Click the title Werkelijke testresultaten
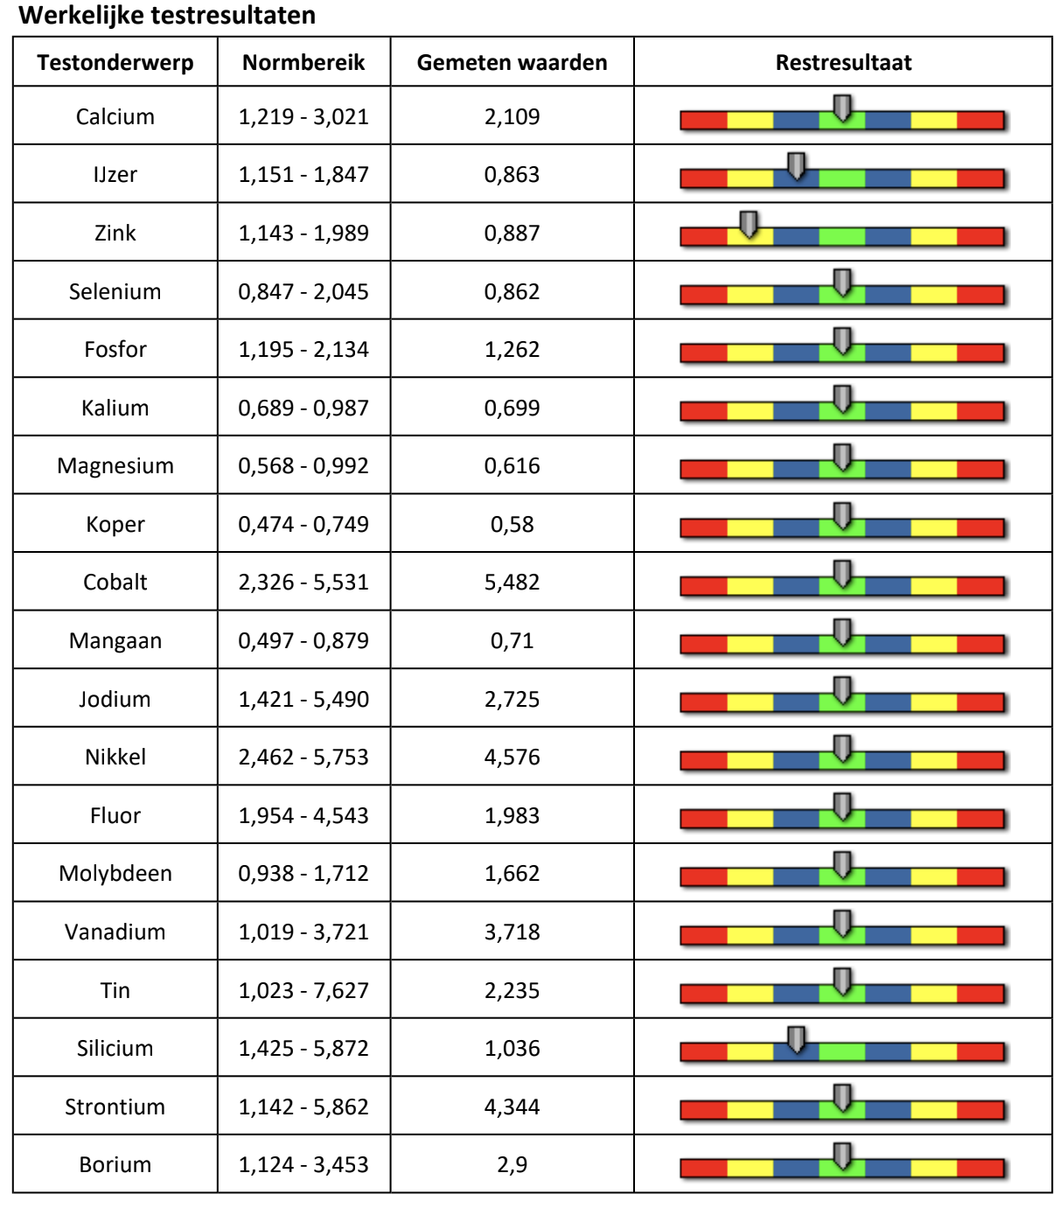pyautogui.click(x=167, y=16)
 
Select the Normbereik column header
pyautogui.click(x=303, y=63)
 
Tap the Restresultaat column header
pyautogui.click(x=843, y=63)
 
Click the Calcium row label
pyautogui.click(x=115, y=116)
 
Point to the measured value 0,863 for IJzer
pyautogui.click(x=512, y=175)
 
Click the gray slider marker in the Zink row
pyautogui.click(x=749, y=224)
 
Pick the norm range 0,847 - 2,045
pyautogui.click(x=303, y=291)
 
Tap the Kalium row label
pyautogui.click(x=115, y=408)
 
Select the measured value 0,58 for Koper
pyautogui.click(x=512, y=524)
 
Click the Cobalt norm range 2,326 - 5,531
pyautogui.click(x=303, y=583)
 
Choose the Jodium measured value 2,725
pyautogui.click(x=512, y=699)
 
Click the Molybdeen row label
pyautogui.click(x=115, y=873)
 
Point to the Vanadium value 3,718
pyautogui.click(x=512, y=932)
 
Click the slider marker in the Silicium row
pyautogui.click(x=796, y=1039)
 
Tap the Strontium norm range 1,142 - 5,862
pyautogui.click(x=303, y=1107)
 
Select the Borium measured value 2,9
pyautogui.click(x=512, y=1164)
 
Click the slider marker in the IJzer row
pyautogui.click(x=796, y=165)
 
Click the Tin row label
pyautogui.click(x=115, y=990)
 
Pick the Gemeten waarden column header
pyautogui.click(x=512, y=63)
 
